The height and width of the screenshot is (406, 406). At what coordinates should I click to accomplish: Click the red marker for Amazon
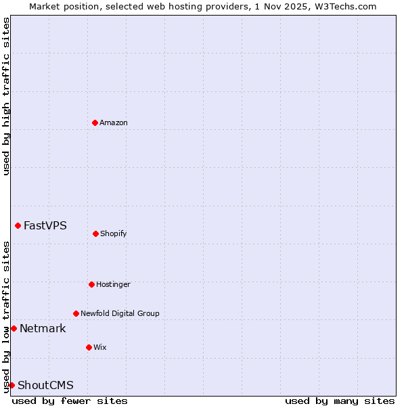tap(95, 122)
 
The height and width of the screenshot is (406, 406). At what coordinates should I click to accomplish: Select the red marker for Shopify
tap(95, 233)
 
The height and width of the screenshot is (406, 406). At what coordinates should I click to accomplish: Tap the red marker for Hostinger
tap(91, 284)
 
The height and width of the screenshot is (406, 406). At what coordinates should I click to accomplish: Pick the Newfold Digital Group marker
tap(76, 313)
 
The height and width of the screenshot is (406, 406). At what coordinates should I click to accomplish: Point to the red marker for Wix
tap(89, 347)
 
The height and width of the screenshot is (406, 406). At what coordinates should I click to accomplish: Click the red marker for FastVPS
tap(18, 225)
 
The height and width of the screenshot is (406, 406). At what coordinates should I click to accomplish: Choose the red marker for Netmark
tap(14, 328)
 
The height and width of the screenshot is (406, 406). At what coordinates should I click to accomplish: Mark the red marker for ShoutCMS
tap(12, 385)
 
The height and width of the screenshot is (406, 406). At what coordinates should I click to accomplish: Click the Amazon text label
tap(114, 122)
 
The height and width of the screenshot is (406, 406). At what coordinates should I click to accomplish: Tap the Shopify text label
tap(114, 233)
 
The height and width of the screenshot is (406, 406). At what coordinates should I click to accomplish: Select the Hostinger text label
tap(113, 284)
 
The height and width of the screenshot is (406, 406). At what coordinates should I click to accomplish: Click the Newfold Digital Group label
tap(120, 313)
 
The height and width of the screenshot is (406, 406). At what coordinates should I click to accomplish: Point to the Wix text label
tap(100, 347)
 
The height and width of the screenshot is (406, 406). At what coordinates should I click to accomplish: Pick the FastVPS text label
tap(45, 225)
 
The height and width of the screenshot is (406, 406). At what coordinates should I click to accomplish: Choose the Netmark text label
tap(43, 328)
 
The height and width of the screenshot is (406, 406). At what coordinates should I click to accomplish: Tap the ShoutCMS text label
tap(45, 385)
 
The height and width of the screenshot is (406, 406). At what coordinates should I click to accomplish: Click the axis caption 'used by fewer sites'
tap(70, 401)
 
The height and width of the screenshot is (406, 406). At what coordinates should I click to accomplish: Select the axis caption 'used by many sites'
tap(340, 401)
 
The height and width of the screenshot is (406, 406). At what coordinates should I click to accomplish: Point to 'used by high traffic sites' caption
tap(6, 96)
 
